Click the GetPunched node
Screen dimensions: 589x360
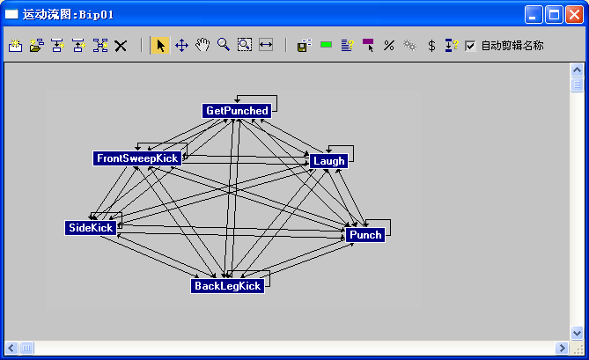point(237,111)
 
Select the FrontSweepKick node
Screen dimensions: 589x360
point(137,158)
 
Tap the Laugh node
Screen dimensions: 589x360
point(328,161)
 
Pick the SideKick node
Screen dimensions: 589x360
point(91,228)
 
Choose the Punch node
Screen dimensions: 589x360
point(365,235)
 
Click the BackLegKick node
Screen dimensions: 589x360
point(227,286)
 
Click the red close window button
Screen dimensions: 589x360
point(574,15)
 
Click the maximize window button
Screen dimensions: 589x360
point(554,15)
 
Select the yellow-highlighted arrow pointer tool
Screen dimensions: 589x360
point(160,46)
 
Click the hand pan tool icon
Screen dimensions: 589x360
point(202,46)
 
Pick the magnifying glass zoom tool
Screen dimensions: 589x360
point(224,45)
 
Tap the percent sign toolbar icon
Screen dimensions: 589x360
point(389,46)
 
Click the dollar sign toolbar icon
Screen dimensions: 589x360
point(431,46)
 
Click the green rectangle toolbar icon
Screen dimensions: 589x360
point(326,45)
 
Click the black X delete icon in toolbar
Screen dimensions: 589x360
point(121,46)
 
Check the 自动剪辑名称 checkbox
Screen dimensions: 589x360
point(470,46)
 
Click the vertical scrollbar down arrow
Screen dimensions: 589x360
point(577,333)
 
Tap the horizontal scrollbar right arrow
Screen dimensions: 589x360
point(562,348)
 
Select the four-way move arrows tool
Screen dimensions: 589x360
point(181,46)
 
